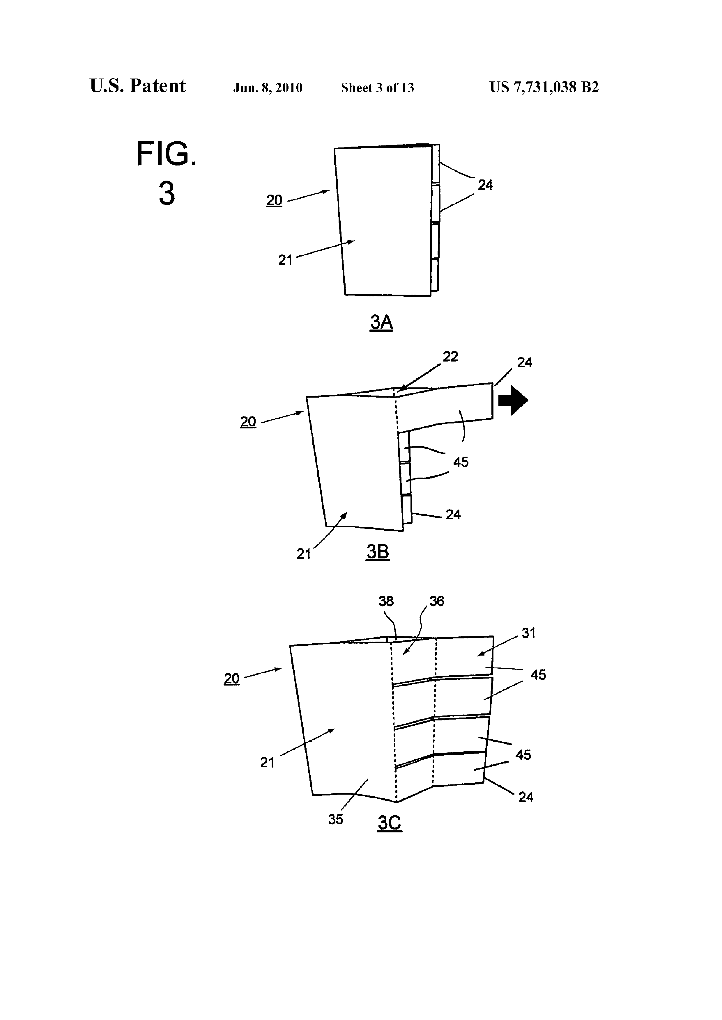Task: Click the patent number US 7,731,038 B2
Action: tap(544, 87)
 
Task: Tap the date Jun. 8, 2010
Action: tap(268, 88)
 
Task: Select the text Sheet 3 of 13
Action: tap(378, 88)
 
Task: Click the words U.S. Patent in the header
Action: tap(138, 86)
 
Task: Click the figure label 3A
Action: tap(381, 322)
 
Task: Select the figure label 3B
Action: tap(378, 552)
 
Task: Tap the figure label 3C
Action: tap(390, 823)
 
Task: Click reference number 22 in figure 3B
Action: tap(450, 357)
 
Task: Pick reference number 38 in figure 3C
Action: tap(386, 601)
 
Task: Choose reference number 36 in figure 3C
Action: tap(437, 601)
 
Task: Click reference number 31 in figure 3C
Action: tap(529, 633)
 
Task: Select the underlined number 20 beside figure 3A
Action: tap(274, 200)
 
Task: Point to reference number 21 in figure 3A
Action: tap(285, 260)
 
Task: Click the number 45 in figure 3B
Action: tap(461, 462)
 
